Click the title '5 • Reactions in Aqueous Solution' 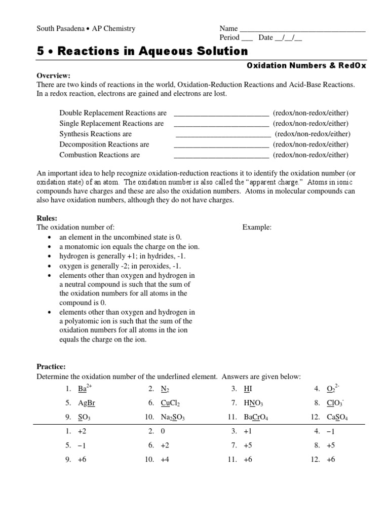point(142,51)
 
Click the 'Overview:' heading point(54,76)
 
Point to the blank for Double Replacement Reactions point(221,113)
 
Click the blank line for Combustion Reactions point(221,155)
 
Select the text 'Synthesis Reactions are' point(95,134)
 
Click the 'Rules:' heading point(47,218)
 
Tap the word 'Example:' point(257,228)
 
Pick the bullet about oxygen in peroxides point(120,266)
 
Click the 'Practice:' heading point(51,366)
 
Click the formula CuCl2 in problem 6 point(170,403)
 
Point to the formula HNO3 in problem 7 point(253,403)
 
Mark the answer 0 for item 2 point(163,431)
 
